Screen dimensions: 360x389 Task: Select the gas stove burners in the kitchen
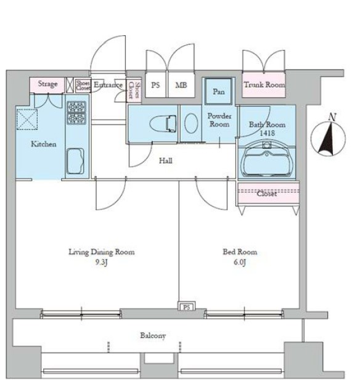[x=76, y=113]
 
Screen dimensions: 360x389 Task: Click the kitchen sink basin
[x=75, y=161]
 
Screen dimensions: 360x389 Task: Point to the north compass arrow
[x=327, y=136]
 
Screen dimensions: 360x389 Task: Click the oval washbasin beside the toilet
[x=191, y=123]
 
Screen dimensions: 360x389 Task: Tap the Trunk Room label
[x=264, y=85]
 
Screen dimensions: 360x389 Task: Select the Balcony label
[x=153, y=335]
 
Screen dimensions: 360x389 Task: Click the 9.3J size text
[x=102, y=263]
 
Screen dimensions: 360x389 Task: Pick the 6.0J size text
[x=240, y=263]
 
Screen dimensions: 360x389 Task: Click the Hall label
[x=165, y=161]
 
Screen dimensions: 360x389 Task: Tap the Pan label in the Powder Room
[x=219, y=92]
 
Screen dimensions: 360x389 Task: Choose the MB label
[x=181, y=85]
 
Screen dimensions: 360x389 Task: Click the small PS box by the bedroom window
[x=187, y=307]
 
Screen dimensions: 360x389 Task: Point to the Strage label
[x=47, y=84]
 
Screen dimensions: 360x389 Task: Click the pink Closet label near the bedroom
[x=267, y=194]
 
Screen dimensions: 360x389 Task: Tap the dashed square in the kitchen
[x=27, y=120]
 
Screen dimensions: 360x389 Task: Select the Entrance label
[x=108, y=85]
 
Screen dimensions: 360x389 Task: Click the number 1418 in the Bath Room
[x=267, y=133]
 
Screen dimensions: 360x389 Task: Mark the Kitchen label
[x=43, y=144]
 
